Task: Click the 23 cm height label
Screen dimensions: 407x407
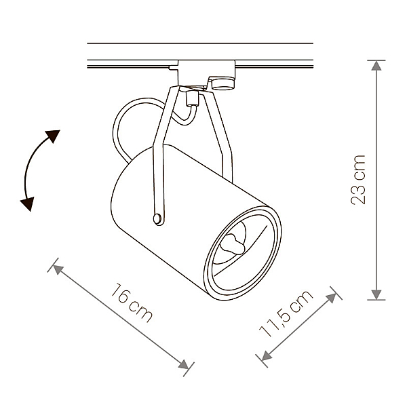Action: point(358,180)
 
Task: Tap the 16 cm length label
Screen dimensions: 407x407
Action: point(132,303)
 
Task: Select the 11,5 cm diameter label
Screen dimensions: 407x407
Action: point(286,313)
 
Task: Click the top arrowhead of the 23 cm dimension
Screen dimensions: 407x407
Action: point(376,65)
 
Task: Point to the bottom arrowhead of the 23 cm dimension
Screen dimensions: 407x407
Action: point(376,294)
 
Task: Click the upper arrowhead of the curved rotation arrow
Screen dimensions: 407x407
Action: point(53,136)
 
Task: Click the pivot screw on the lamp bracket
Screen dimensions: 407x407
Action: point(157,218)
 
